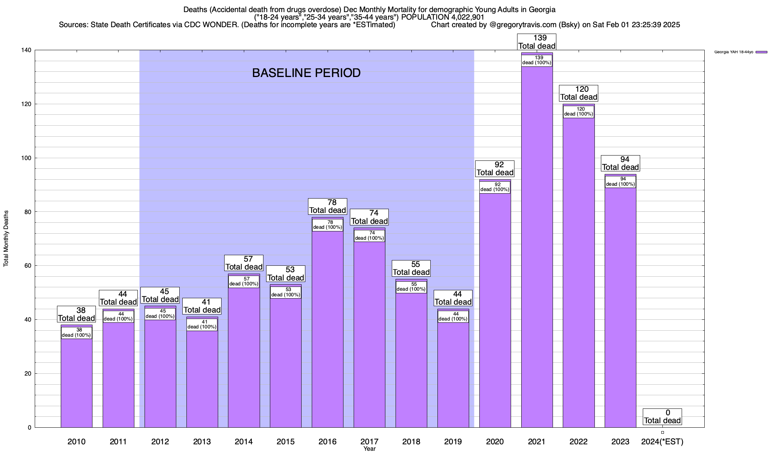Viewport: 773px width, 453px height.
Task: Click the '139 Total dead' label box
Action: click(537, 42)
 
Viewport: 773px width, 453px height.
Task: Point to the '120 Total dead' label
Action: click(579, 93)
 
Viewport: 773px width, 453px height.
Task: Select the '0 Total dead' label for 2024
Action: click(662, 416)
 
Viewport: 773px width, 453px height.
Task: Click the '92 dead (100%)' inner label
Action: click(495, 187)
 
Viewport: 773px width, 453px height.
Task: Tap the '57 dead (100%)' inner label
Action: click(244, 282)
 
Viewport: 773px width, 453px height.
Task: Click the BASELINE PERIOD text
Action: click(306, 73)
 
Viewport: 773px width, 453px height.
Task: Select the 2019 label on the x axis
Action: click(453, 442)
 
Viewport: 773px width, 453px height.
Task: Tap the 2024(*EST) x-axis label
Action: click(662, 442)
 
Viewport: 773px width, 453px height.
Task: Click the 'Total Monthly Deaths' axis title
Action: click(6, 239)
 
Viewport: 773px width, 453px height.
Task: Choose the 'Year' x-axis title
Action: click(370, 449)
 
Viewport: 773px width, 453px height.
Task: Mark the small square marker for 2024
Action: click(662, 433)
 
